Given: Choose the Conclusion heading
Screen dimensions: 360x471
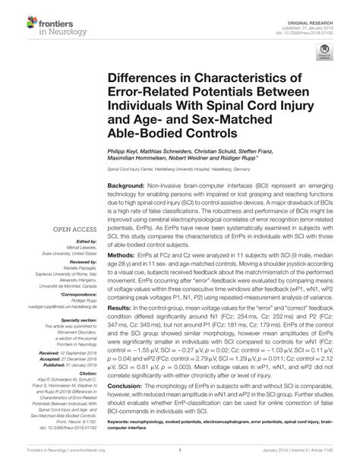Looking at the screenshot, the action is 125,387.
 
